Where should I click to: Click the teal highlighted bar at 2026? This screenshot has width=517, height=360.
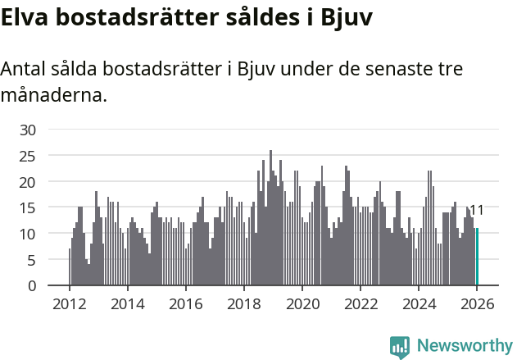coord(477,257)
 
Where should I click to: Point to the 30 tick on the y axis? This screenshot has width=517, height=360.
coord(28,130)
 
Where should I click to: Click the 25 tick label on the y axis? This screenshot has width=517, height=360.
coord(28,156)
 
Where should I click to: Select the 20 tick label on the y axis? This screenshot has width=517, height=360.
coord(28,182)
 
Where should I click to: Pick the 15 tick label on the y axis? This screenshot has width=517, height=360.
coord(28,208)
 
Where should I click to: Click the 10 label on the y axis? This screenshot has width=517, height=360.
coord(28,234)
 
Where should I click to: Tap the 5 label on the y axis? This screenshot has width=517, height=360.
coord(32,260)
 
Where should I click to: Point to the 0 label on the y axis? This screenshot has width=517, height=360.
coord(32,286)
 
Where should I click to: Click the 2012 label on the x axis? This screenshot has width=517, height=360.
coord(69,303)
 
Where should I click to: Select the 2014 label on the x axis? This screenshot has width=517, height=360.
coord(127,303)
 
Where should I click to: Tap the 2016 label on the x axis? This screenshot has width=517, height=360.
coord(185,303)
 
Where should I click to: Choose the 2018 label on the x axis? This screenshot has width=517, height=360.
coord(244,303)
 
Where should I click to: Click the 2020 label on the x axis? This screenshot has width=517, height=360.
coord(302,303)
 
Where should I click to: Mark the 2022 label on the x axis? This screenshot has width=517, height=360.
coord(361,303)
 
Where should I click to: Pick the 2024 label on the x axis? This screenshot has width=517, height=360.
coord(419,303)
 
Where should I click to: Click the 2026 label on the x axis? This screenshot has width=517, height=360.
coord(477,303)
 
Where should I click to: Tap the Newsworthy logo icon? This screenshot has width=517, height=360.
coord(400,346)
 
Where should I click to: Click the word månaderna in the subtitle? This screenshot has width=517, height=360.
coord(54,94)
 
